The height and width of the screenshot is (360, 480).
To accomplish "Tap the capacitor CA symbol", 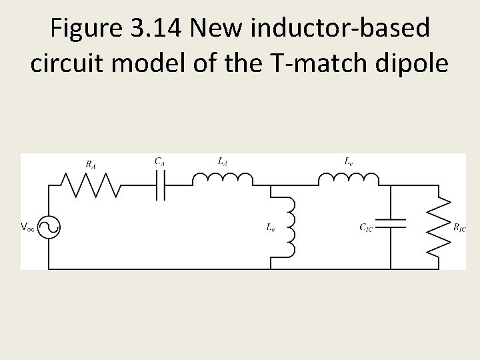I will (x=160, y=185).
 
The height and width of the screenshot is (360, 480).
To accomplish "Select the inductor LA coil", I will (x=223, y=179).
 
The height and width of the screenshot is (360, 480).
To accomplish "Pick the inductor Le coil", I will (x=348, y=179).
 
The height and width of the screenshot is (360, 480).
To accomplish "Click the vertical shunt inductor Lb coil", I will (x=289, y=227).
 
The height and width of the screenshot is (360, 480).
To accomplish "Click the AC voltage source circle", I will (x=49, y=227).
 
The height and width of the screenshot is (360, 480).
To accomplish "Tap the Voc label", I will (x=28, y=227).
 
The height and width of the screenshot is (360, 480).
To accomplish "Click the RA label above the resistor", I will (x=89, y=162).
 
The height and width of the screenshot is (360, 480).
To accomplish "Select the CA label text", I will (x=160, y=161).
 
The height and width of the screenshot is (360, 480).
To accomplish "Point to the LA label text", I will (x=222, y=161).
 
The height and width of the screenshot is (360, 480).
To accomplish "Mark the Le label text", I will (x=349, y=161).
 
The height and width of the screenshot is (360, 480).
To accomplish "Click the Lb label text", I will (x=270, y=228).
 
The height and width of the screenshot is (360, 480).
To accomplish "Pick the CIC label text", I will (x=366, y=228).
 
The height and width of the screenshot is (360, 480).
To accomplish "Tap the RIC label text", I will (x=459, y=228).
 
